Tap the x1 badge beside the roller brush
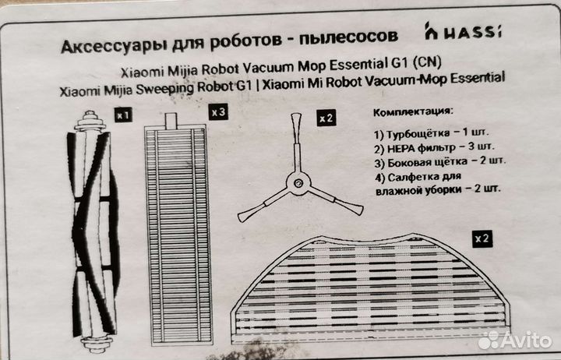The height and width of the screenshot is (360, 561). (123, 115)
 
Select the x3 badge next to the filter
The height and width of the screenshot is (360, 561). (219, 112)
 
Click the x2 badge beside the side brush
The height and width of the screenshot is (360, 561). (326, 118)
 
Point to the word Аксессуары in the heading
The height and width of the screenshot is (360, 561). (107, 37)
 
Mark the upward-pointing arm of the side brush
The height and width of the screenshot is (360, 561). (297, 140)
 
